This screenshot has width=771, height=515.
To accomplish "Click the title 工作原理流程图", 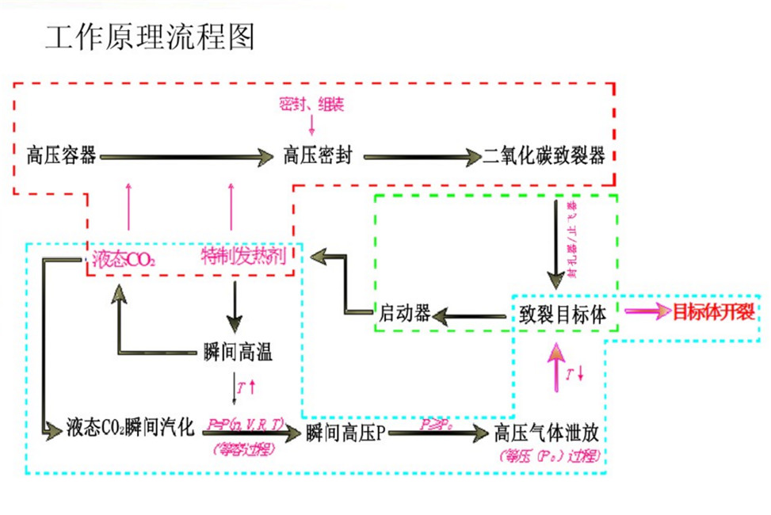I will [x=150, y=37].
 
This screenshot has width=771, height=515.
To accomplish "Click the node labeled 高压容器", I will [x=61, y=155].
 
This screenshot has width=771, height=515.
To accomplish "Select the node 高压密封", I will [x=318, y=155].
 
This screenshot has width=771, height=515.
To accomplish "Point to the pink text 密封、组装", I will [x=311, y=103].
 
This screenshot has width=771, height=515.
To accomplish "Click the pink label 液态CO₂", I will [x=124, y=258].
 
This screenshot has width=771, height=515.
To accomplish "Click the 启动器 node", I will [x=405, y=314].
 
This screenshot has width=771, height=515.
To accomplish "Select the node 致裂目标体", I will [x=563, y=314].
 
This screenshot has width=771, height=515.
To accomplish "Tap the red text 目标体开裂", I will [x=713, y=311].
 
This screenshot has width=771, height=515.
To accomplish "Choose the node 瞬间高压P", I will [x=345, y=432].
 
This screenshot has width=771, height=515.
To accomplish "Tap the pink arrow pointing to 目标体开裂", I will [x=646, y=311].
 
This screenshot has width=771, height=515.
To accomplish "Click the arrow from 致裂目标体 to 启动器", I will [x=471, y=316].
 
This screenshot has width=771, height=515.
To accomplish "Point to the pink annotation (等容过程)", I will [x=240, y=448].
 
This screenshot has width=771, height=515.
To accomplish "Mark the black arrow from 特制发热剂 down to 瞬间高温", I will [x=235, y=304].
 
